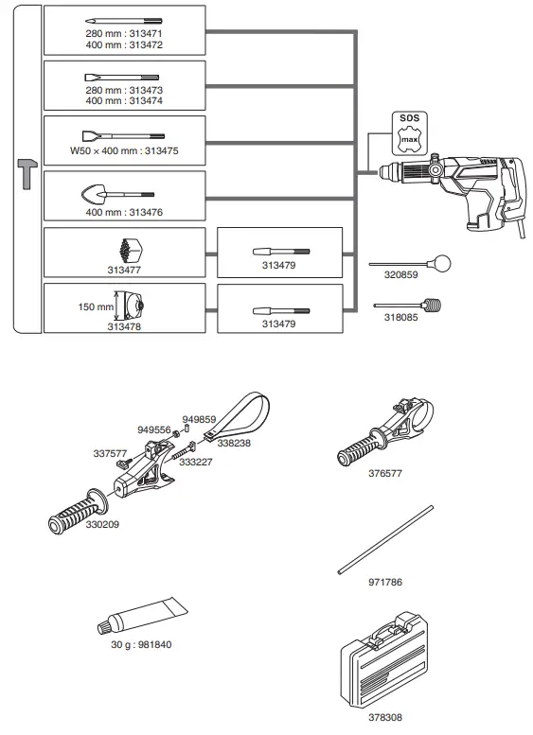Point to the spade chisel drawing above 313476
tap(124, 196)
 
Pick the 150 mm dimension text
tap(95, 306)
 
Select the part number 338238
tap(234, 441)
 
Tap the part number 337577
tap(110, 453)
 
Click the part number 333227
tap(197, 462)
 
